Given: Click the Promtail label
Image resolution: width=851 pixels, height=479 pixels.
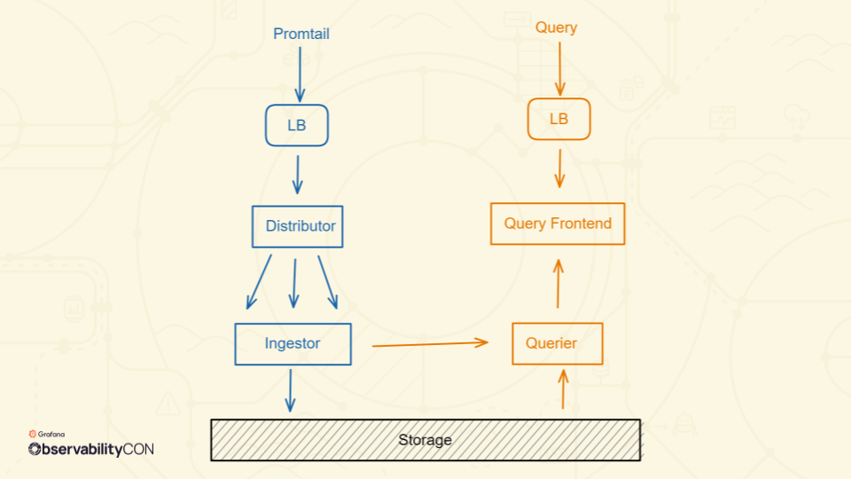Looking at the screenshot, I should pos(301,35).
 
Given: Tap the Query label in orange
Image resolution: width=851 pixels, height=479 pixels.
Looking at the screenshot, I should pos(556,27).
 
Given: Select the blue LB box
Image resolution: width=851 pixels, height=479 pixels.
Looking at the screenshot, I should pos(297,125).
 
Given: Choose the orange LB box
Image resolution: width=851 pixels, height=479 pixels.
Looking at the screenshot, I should pos(558,119).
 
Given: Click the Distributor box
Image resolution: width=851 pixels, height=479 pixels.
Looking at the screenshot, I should pos(298,226).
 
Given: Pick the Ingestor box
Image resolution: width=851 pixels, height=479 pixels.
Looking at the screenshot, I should pos(293,343).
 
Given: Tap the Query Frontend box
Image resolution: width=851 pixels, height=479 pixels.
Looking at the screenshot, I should pos(558,224).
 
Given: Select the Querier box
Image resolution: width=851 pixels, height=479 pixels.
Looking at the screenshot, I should pos(558,343).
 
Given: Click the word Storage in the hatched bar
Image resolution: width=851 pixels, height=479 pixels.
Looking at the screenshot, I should pos(425,440).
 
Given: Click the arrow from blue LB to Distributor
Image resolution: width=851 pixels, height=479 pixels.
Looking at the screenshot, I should pos(297,174).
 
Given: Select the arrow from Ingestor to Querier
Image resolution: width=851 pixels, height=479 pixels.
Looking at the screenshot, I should pos(430,343).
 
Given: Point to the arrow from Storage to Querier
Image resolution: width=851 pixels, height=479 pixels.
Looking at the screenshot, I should pos(563,389).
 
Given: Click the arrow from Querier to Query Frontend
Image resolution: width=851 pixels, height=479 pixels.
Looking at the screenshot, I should pos(558,284).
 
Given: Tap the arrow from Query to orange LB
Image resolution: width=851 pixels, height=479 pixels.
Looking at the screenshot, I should pos(559,67).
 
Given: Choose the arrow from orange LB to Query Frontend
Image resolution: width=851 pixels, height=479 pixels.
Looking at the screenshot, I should pos(559,168).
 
